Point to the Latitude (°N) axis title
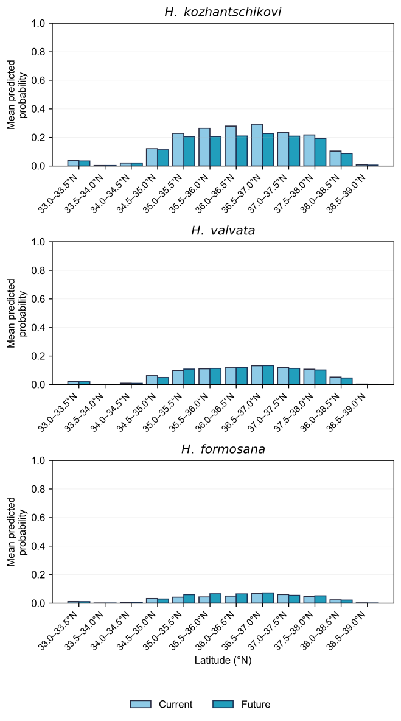tap(222, 661)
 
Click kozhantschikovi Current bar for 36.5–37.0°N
tap(257, 145)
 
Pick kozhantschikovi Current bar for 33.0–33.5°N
tap(73, 163)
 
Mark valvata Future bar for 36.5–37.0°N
tap(268, 375)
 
